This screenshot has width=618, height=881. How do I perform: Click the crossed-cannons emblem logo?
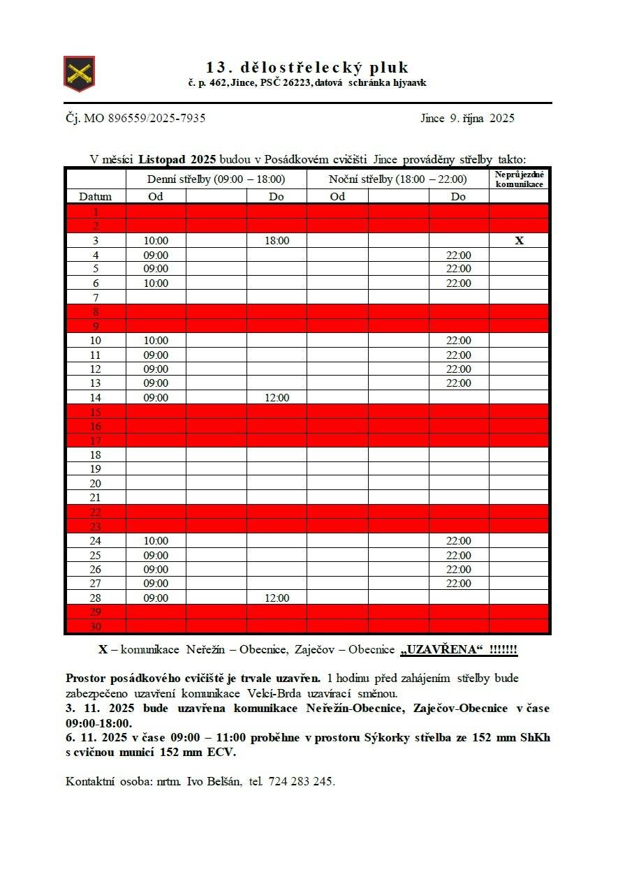click(x=79, y=73)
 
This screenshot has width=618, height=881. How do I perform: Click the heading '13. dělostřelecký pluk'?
click(x=307, y=68)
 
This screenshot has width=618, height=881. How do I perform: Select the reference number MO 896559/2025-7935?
click(x=145, y=118)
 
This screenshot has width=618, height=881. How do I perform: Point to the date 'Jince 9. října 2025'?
click(x=467, y=118)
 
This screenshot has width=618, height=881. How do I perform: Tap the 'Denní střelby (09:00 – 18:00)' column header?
click(x=216, y=179)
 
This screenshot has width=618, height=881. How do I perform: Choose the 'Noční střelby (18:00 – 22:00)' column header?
click(x=397, y=179)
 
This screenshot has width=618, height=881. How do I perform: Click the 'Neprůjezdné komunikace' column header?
click(x=519, y=179)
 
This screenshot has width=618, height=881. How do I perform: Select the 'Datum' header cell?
click(x=95, y=197)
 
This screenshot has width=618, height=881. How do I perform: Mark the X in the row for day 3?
click(x=519, y=241)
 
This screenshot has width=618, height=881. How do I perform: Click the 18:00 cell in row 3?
click(x=277, y=241)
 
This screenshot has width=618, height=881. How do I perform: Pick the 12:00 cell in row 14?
click(x=277, y=398)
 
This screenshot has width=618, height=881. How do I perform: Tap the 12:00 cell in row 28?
click(x=277, y=598)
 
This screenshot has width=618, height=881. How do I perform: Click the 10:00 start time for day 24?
click(x=156, y=541)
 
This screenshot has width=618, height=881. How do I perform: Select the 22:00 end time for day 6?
click(x=458, y=283)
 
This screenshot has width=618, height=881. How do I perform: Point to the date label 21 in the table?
click(x=95, y=498)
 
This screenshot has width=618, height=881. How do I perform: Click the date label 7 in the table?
click(x=95, y=298)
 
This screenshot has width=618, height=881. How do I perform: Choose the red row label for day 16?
click(x=95, y=427)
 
